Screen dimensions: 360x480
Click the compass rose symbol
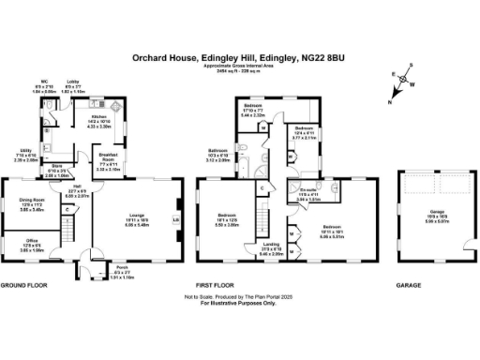tap(405, 82)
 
